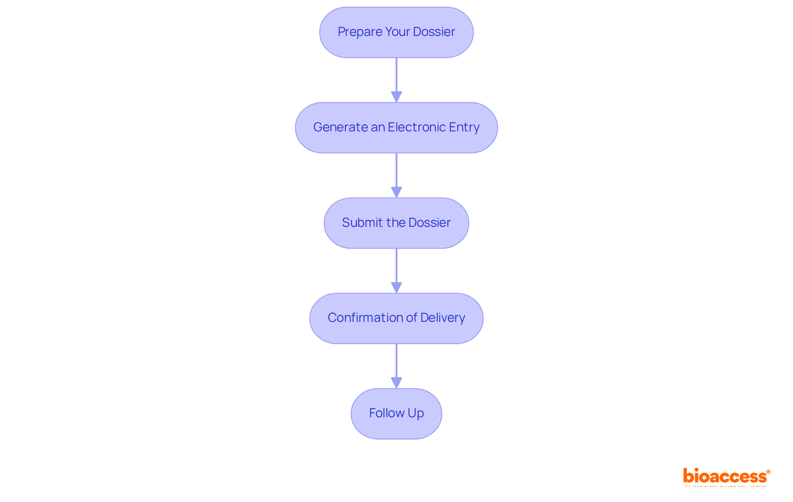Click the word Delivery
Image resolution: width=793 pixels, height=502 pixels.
click(442, 318)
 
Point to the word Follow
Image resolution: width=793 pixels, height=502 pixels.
click(387, 413)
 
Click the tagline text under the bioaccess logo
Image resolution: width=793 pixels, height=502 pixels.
click(725, 487)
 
